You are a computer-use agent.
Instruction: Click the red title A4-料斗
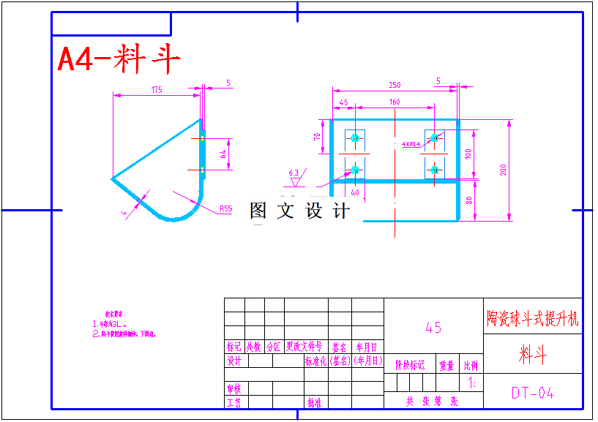tap(119, 60)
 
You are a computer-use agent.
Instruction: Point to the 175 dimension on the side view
tap(157, 90)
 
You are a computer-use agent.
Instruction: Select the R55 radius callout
tap(225, 208)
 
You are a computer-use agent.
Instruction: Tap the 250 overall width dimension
tap(395, 85)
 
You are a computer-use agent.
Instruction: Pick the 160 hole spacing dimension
tap(395, 102)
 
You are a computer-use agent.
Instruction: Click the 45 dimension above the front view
tap(343, 102)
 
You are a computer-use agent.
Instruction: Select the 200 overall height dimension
tap(504, 170)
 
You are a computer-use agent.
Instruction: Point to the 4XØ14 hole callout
tap(411, 144)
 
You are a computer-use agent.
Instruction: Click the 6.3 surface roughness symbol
tap(294, 174)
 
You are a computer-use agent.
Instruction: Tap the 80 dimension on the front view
tap(468, 200)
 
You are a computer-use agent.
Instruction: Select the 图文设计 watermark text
tap(299, 211)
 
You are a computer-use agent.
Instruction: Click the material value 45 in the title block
tap(433, 328)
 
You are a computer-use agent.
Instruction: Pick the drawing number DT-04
tap(532, 393)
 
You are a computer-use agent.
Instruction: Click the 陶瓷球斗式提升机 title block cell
tap(532, 319)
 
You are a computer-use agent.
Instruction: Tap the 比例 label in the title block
tap(470, 365)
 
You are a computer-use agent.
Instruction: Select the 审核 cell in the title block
tap(234, 388)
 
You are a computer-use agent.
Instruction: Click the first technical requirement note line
tap(110, 323)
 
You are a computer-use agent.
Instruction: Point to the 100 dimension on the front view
tap(468, 154)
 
